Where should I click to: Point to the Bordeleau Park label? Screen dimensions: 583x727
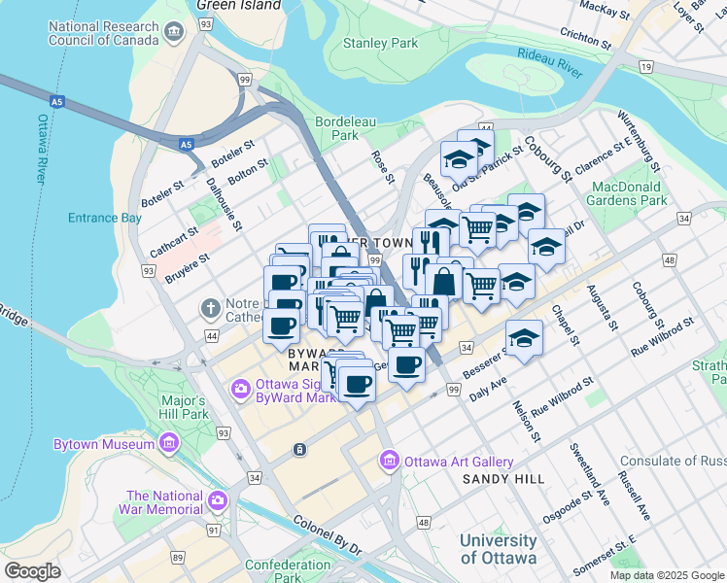(337, 129)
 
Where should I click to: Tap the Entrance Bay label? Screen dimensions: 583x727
(104, 218)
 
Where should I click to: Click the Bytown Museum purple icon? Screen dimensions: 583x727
(169, 444)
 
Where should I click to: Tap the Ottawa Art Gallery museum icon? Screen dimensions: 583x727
(390, 459)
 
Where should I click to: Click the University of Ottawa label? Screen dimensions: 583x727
(498, 549)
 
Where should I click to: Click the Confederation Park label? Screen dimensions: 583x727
(288, 570)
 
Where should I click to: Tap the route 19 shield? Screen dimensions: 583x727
(645, 66)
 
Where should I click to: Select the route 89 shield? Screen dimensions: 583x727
(178, 557)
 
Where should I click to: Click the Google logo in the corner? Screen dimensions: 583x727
(32, 570)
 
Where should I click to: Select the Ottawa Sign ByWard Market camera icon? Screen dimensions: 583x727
(240, 389)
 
